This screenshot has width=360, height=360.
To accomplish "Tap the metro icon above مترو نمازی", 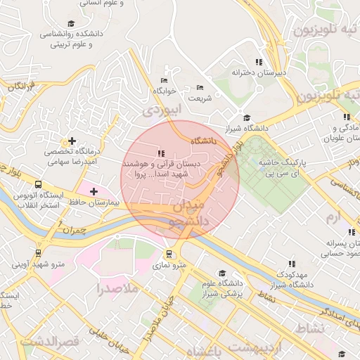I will coord(169,254).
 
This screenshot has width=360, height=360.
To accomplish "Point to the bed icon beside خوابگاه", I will coord(165,79).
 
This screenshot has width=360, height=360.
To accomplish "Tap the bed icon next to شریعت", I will coord(199,87).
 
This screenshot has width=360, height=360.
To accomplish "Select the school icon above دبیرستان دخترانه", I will coord(259,62).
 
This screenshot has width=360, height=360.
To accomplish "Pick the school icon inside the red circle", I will coord(161,153).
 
